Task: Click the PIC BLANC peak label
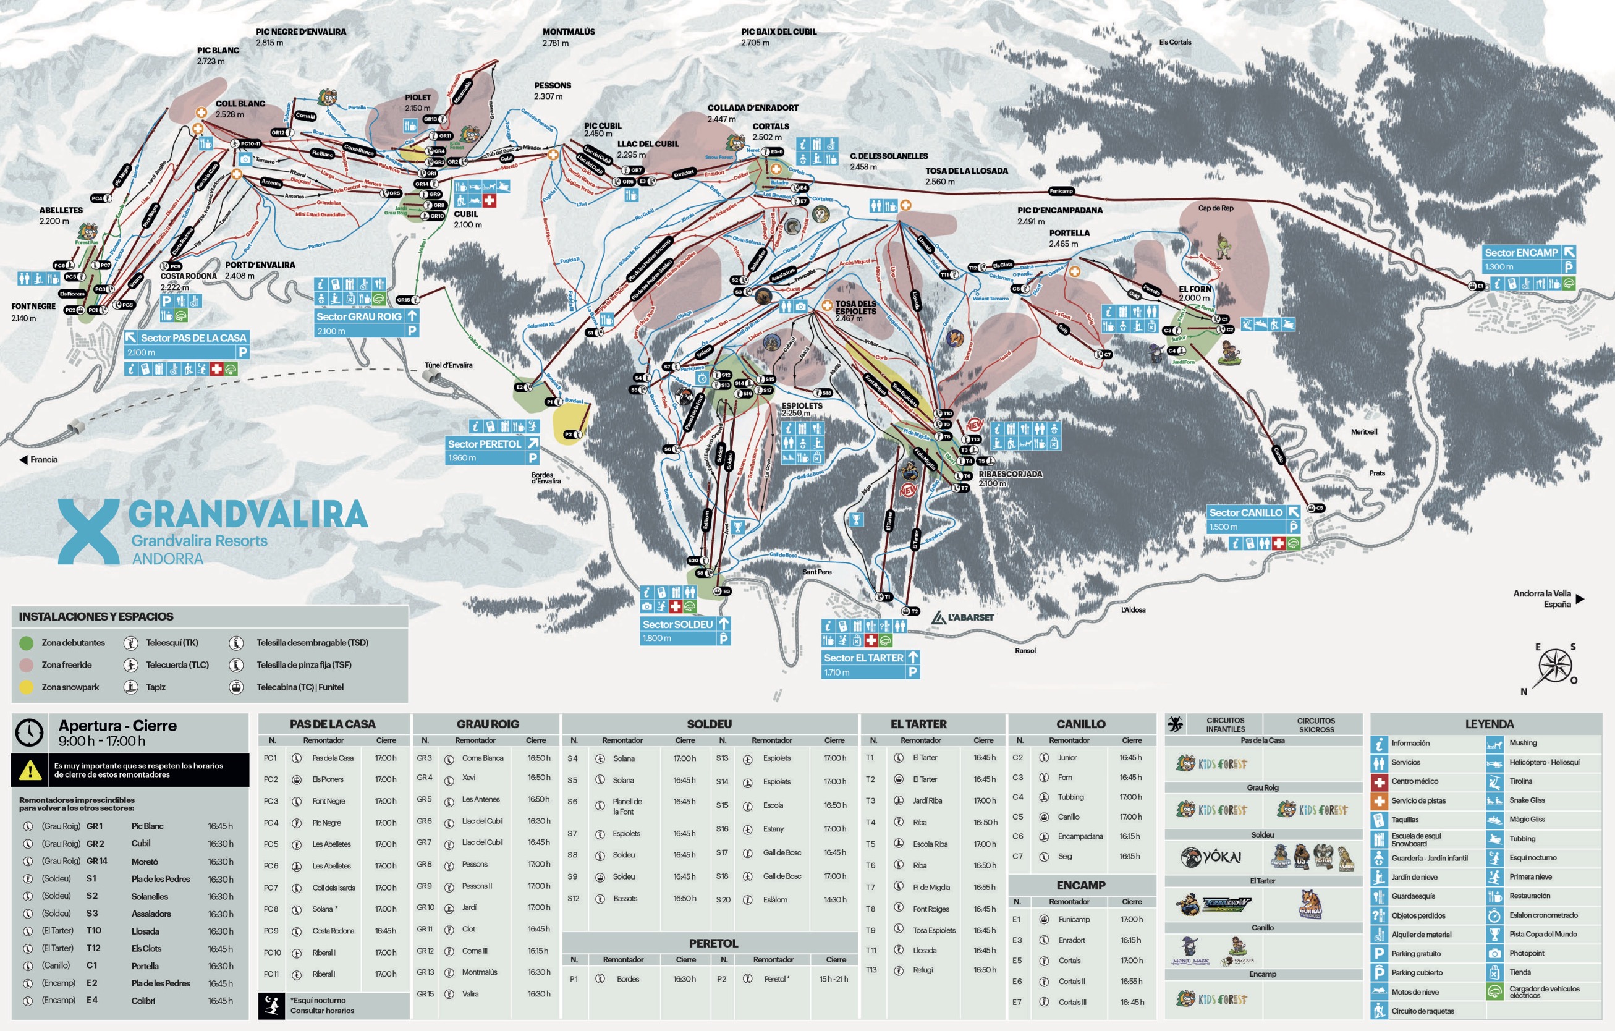(x=218, y=50)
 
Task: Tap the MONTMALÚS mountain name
(x=568, y=32)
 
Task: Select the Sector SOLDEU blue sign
(x=677, y=624)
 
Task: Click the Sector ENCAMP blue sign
(x=1520, y=253)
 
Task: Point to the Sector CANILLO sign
(x=1245, y=512)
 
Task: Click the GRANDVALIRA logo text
(x=247, y=515)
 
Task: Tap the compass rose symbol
(x=1554, y=668)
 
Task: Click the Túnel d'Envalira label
(x=448, y=365)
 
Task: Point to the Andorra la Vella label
(x=1542, y=593)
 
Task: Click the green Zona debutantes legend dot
(x=26, y=643)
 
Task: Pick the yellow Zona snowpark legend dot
(x=26, y=687)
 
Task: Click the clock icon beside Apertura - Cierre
(x=30, y=732)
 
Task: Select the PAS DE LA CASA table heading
(x=333, y=724)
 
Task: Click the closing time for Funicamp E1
(x=1131, y=920)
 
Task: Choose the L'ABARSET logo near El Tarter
(x=962, y=617)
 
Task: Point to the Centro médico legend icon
(x=1379, y=781)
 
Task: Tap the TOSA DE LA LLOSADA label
(x=967, y=171)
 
